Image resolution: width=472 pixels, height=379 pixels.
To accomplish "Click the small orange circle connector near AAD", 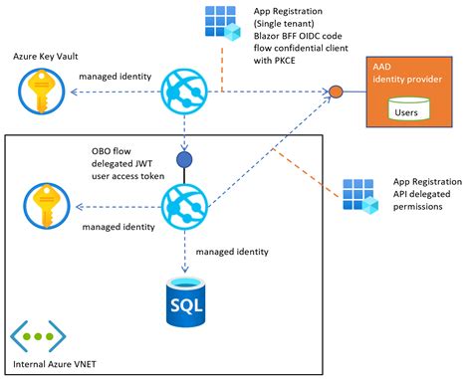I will coord(337,94).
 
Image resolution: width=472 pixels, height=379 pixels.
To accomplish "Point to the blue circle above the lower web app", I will coord(183,159).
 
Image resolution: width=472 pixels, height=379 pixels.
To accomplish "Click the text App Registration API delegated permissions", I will coord(427,196).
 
